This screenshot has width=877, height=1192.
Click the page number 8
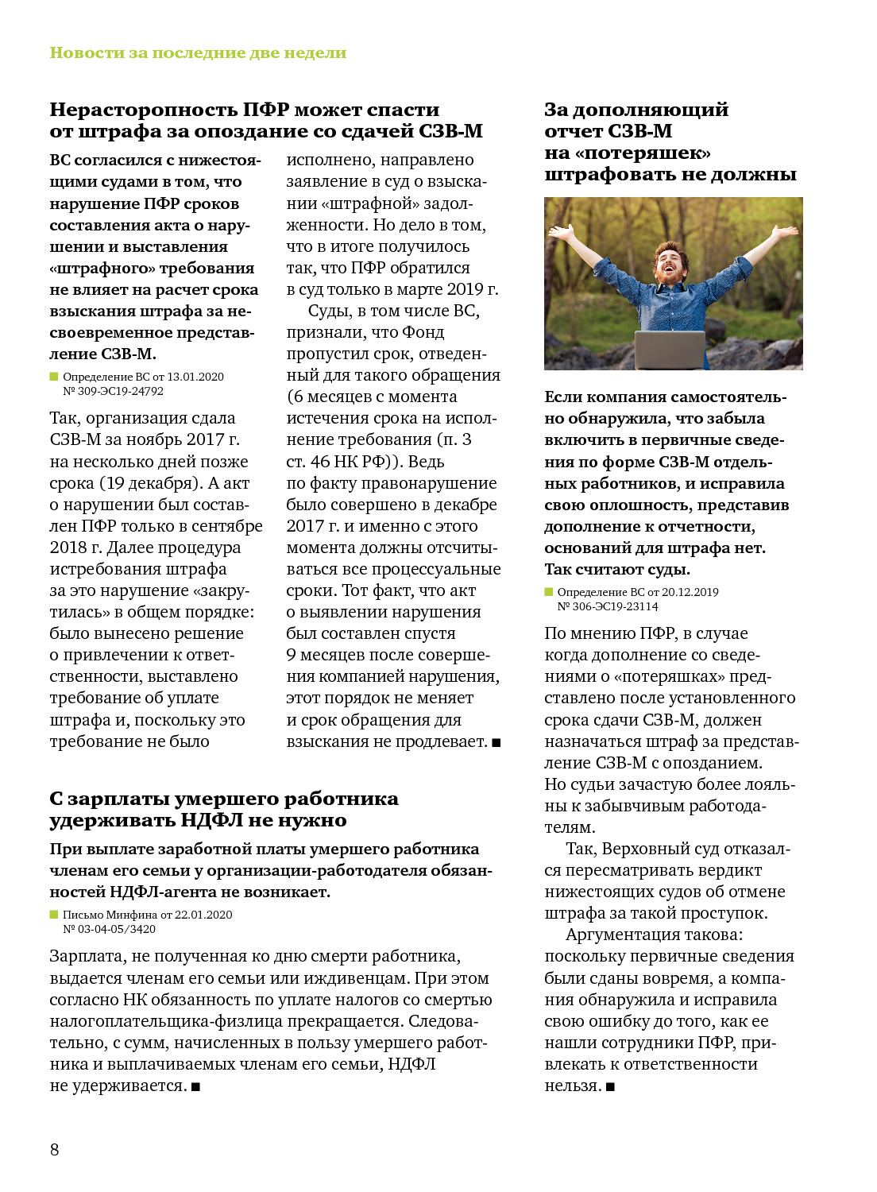pyautogui.click(x=54, y=1149)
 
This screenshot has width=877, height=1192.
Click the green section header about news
pyautogui.click(x=198, y=52)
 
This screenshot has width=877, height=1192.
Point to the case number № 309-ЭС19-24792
pyautogui.click(x=114, y=391)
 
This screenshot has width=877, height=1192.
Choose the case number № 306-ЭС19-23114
pyautogui.click(x=608, y=606)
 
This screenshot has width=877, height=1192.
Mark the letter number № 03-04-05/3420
pyautogui.click(x=110, y=929)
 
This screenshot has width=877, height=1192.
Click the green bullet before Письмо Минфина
pyautogui.click(x=54, y=915)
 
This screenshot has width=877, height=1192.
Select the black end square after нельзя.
pyautogui.click(x=610, y=1086)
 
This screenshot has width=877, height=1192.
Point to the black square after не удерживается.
pyautogui.click(x=195, y=1086)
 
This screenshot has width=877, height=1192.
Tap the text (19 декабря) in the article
pyautogui.click(x=149, y=483)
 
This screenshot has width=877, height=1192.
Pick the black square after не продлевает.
pyautogui.click(x=496, y=742)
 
